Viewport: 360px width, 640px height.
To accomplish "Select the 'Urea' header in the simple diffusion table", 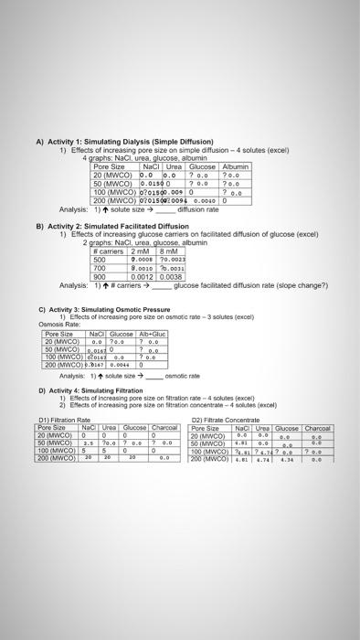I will click(175, 167).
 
